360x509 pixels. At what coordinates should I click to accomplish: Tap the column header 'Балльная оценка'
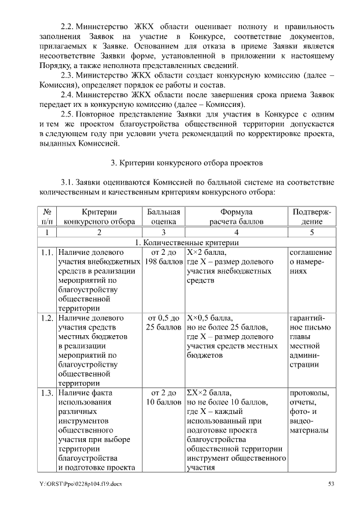164,217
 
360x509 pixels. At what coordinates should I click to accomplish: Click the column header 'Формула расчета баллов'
236,217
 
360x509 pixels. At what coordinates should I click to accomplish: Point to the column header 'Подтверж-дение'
311,217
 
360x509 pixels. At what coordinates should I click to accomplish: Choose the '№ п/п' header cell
47,217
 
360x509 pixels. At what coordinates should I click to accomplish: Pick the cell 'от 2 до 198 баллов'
164,257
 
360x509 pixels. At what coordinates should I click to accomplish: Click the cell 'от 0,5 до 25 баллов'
164,323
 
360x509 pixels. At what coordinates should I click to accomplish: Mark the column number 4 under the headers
236,232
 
